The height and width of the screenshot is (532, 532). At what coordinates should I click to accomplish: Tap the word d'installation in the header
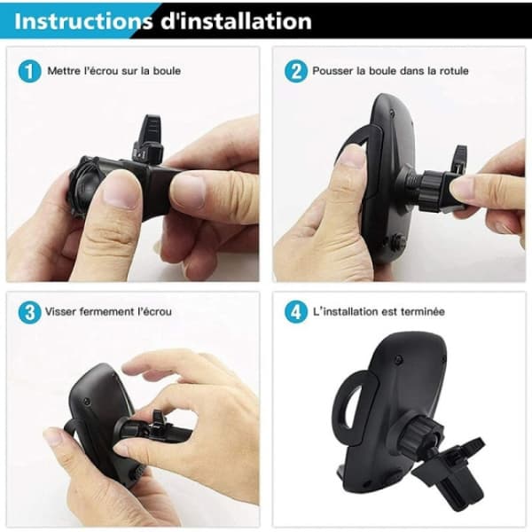pyautogui.click(x=236, y=21)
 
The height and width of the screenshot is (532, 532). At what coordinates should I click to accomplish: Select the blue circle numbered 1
pyautogui.click(x=29, y=71)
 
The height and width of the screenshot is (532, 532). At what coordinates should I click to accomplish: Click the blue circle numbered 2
pyautogui.click(x=296, y=71)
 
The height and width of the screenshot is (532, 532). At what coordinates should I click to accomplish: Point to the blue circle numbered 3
pyautogui.click(x=29, y=312)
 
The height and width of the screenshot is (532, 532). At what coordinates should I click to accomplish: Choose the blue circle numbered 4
pyautogui.click(x=296, y=312)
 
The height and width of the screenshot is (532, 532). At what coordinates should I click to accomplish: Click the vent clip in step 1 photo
pyautogui.click(x=147, y=139)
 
